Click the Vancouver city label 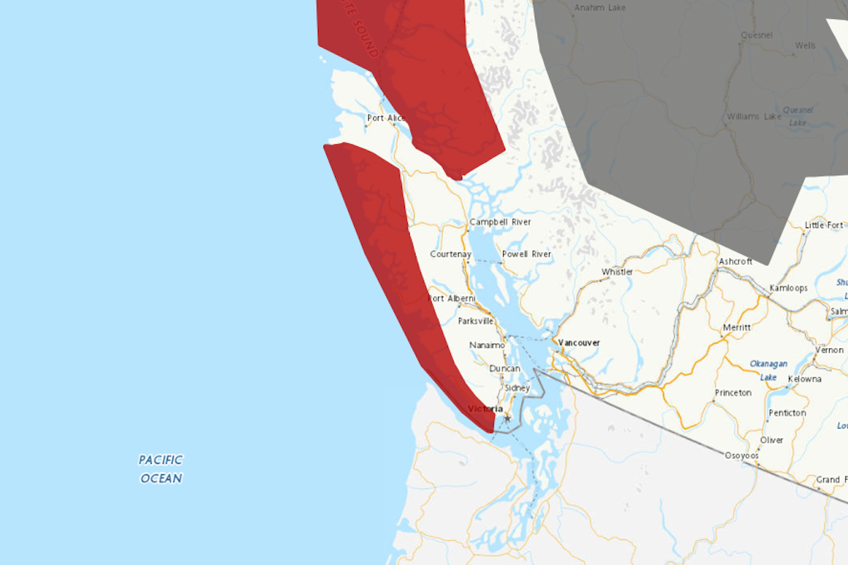point(579,343)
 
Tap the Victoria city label point(485,409)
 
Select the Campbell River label point(500,222)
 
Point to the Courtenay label point(450,254)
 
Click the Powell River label point(526,254)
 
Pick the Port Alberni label point(452,299)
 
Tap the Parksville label point(476,321)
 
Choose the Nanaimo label point(487,345)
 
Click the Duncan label point(505,369)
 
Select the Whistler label point(617,272)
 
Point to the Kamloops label point(789,288)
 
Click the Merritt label point(737,328)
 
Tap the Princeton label point(733,393)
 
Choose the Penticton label point(786,412)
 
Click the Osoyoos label point(741,456)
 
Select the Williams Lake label point(754,116)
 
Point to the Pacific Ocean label point(161,469)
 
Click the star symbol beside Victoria point(507,419)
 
